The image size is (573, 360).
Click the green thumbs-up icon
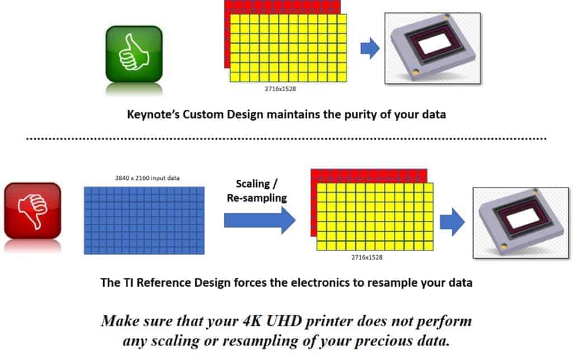coord(134,54)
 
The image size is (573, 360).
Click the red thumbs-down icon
coord(32,211)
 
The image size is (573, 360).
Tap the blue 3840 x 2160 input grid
coord(144,221)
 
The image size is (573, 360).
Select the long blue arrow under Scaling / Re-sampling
coord(260,220)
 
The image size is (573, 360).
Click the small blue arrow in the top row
coord(370,48)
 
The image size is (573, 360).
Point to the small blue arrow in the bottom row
coord(452,222)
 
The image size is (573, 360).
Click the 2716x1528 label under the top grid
coord(280,89)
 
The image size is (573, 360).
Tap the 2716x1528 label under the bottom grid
coord(367,258)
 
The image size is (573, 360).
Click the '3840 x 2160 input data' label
coord(147,178)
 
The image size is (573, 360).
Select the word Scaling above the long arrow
coord(252,184)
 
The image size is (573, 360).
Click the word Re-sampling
coord(257,198)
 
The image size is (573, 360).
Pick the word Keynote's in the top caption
coord(153,114)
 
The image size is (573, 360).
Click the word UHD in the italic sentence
coord(284,321)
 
